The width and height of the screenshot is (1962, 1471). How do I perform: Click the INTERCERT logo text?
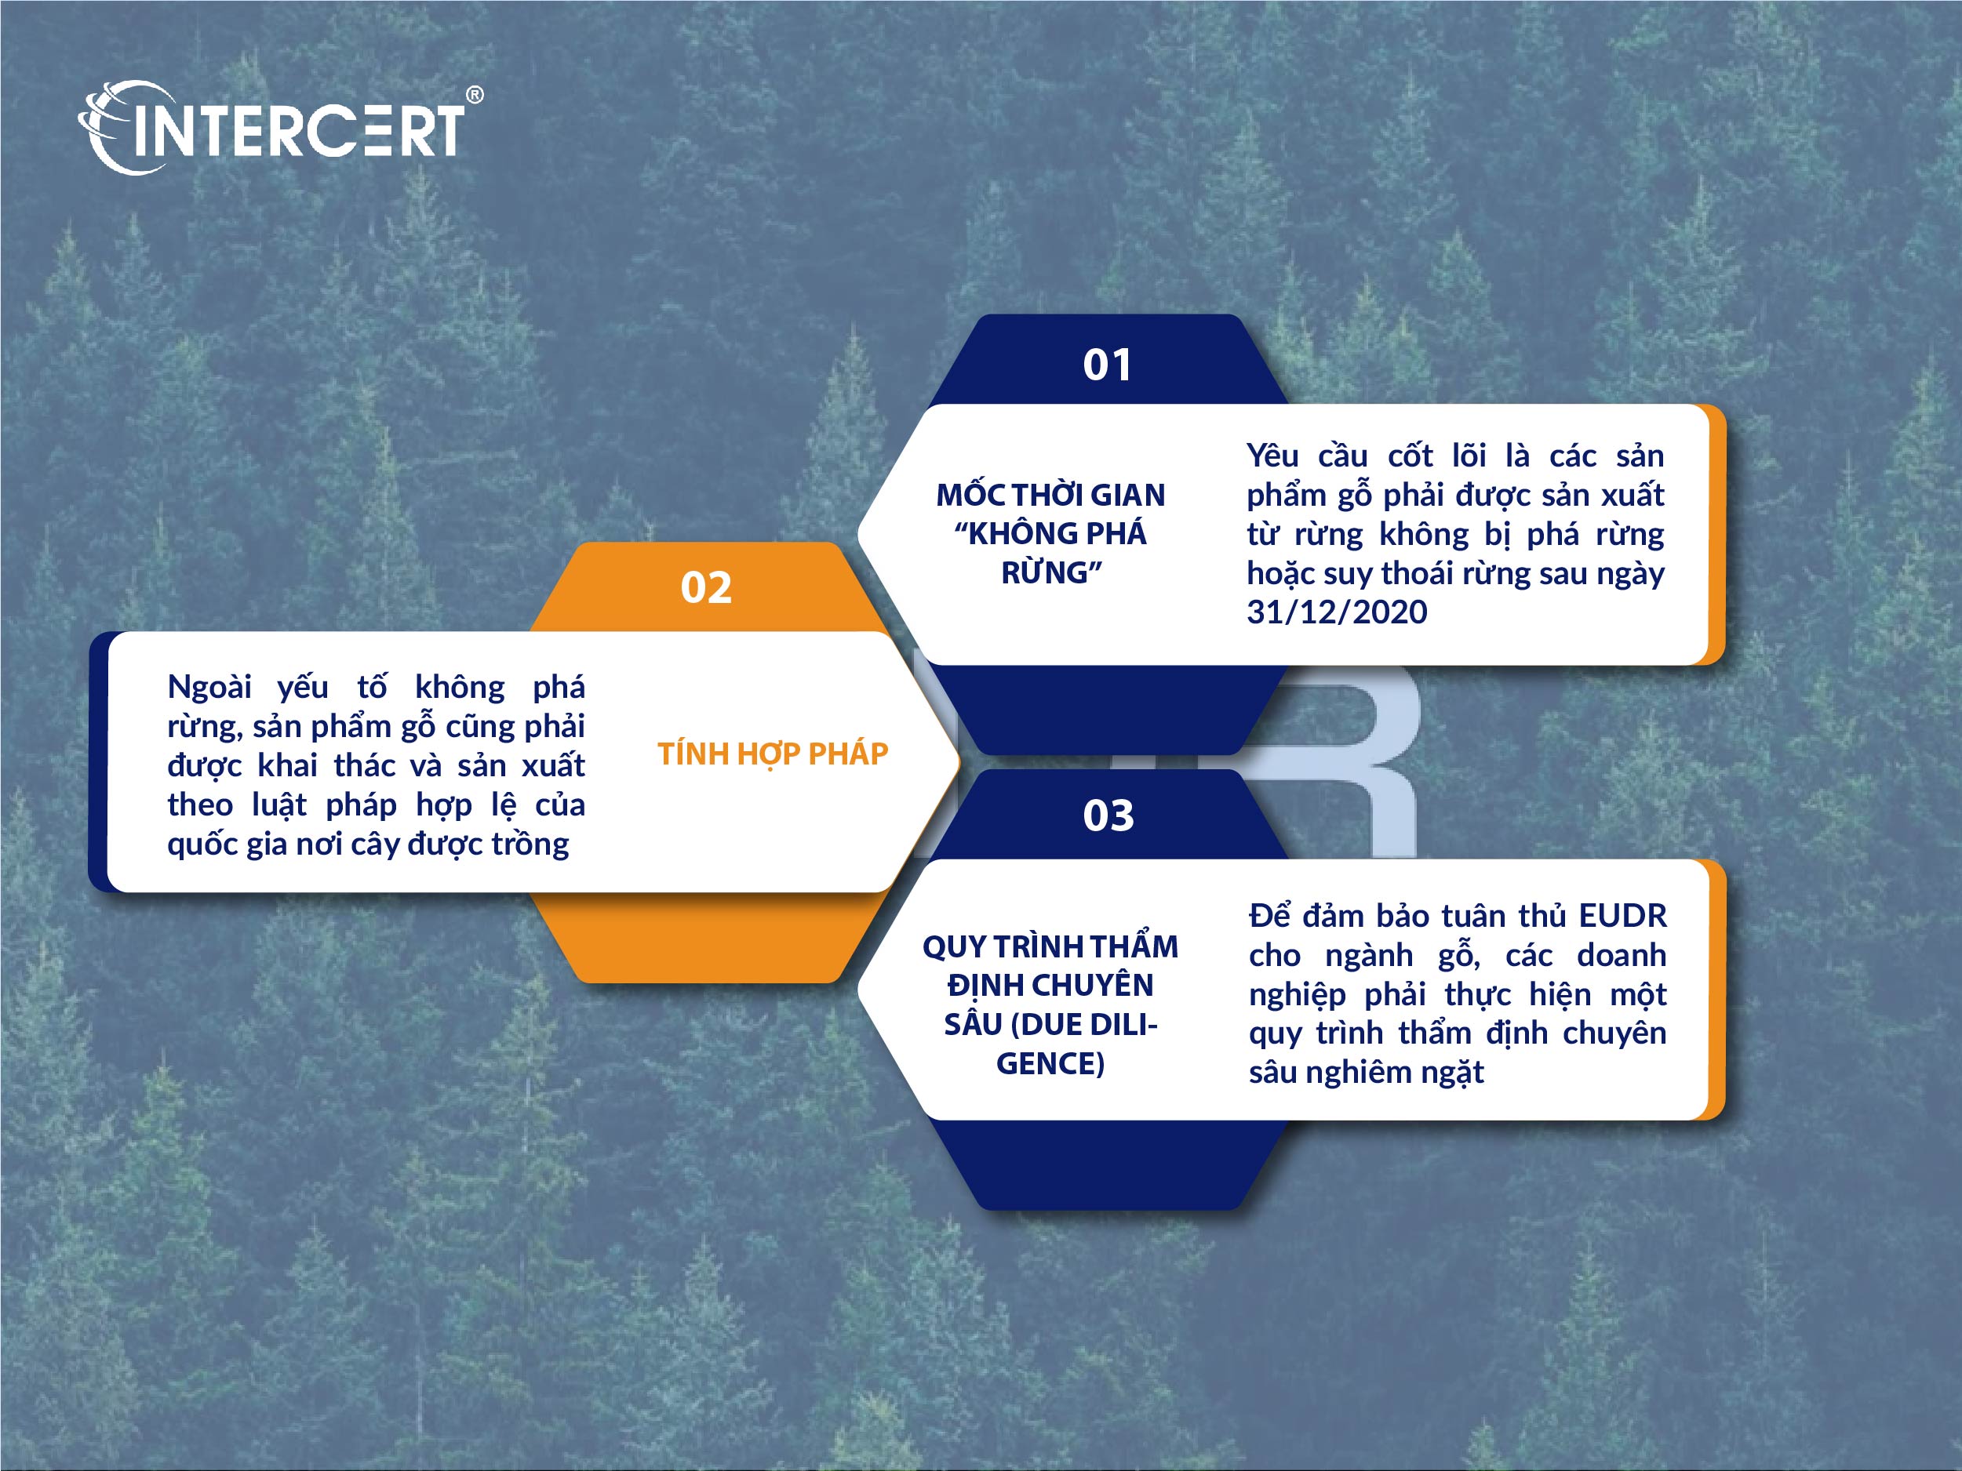tap(297, 130)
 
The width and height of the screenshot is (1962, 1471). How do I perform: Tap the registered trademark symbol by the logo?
tap(475, 95)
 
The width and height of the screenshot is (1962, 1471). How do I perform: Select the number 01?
tap(1107, 365)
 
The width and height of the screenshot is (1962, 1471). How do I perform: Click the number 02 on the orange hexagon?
tap(706, 587)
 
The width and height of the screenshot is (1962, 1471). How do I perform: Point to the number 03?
tap(1108, 815)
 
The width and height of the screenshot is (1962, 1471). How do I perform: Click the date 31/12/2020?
tap(1337, 612)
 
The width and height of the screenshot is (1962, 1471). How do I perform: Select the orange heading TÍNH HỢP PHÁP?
tap(773, 754)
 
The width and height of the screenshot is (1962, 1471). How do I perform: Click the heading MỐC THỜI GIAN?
tap(1051, 494)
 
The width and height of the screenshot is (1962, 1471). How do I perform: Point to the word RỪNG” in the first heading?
tap(1052, 572)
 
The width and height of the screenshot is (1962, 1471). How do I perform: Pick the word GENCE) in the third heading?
tap(1050, 1063)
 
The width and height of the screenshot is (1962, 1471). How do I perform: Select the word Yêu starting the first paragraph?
tap(1272, 456)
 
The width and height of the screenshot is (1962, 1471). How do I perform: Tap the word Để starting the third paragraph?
tap(1269, 914)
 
